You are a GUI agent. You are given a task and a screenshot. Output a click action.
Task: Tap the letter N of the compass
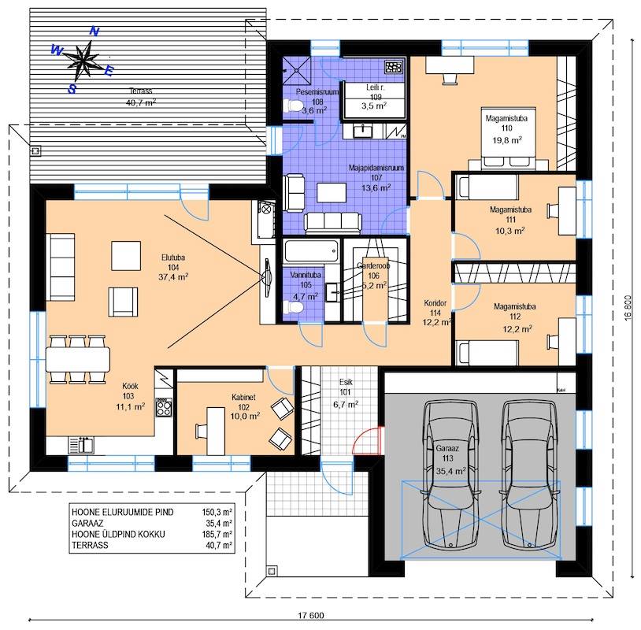(x=94, y=31)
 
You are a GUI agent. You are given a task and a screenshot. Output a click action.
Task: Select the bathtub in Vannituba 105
(x=312, y=251)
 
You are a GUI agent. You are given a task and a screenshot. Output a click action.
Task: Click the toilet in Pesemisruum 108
(x=294, y=106)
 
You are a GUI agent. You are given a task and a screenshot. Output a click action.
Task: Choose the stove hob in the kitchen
(x=164, y=407)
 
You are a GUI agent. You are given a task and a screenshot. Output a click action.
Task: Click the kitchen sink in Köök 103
(x=82, y=445)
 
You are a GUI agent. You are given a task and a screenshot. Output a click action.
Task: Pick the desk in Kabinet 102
(x=216, y=431)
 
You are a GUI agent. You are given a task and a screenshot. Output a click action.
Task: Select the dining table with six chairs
(x=78, y=359)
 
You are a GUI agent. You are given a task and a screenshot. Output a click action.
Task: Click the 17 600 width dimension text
(x=311, y=615)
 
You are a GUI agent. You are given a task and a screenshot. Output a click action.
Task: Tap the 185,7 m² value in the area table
(x=217, y=534)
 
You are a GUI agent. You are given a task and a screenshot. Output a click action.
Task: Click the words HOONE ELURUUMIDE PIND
(x=123, y=512)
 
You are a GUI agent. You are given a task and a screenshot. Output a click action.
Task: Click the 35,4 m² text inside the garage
(x=450, y=471)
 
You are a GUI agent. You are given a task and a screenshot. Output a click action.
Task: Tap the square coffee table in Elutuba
(x=126, y=255)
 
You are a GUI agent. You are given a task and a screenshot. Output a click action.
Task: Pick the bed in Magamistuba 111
(x=487, y=187)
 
